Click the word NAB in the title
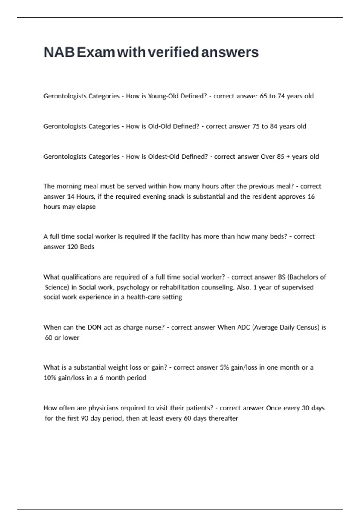click(x=59, y=52)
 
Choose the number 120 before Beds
click(x=72, y=247)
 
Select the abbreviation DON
click(x=94, y=327)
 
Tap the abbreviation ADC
click(x=244, y=327)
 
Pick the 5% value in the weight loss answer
click(x=224, y=367)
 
